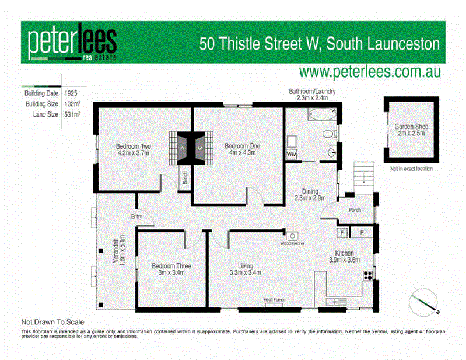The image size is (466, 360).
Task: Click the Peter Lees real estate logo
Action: [72, 43]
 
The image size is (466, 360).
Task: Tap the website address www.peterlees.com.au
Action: [369, 72]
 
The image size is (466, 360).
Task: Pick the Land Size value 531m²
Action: [72, 114]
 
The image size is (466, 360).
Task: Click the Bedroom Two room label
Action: [134, 149]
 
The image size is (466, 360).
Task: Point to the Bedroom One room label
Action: [242, 149]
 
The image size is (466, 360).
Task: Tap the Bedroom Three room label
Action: [171, 270]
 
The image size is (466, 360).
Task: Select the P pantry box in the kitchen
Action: [362, 233]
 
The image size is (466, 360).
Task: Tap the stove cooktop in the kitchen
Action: [368, 275]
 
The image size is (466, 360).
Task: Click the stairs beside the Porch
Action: [363, 174]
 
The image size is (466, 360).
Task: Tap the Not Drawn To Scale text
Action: [52, 322]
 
